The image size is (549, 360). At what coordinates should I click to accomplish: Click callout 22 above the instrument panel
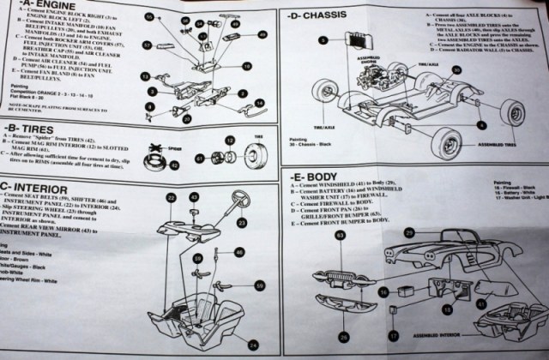tap(171, 198)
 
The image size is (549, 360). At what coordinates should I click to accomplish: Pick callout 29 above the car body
tap(409, 233)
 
